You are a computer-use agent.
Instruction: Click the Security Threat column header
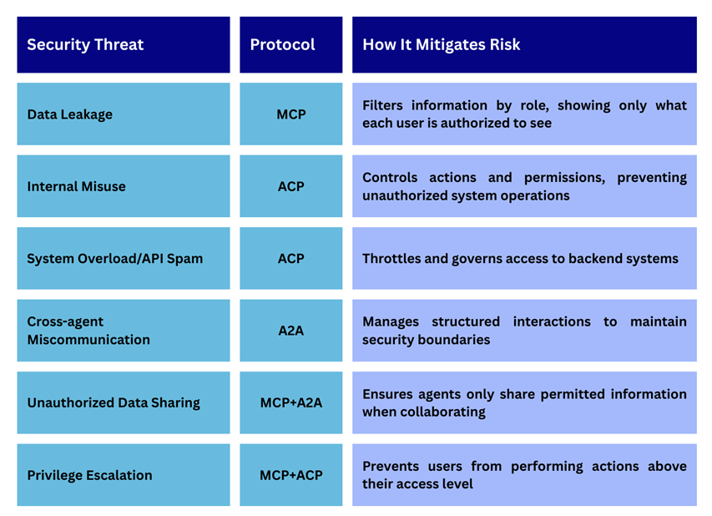coord(124,44)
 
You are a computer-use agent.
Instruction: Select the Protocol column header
coord(291,44)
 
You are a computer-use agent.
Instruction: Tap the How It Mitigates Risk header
coord(524,44)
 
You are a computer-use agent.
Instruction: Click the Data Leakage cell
coord(124,114)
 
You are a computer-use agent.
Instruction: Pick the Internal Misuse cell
coord(124,186)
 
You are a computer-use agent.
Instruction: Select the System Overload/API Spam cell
coord(124,259)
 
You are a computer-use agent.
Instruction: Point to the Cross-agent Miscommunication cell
coord(124,331)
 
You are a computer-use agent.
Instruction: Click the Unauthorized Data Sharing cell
coord(124,403)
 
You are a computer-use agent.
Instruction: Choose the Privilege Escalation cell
coord(124,475)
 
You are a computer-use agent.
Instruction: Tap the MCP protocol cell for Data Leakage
coord(291,114)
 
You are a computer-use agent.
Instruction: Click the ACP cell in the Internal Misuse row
coord(291,186)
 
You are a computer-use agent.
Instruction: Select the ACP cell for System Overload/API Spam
coord(291,259)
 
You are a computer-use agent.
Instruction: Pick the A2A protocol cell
coord(291,331)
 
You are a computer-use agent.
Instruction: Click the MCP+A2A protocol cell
coord(291,403)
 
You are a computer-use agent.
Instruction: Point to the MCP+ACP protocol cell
coord(291,475)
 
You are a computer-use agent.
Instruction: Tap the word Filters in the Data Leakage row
coord(382,105)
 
